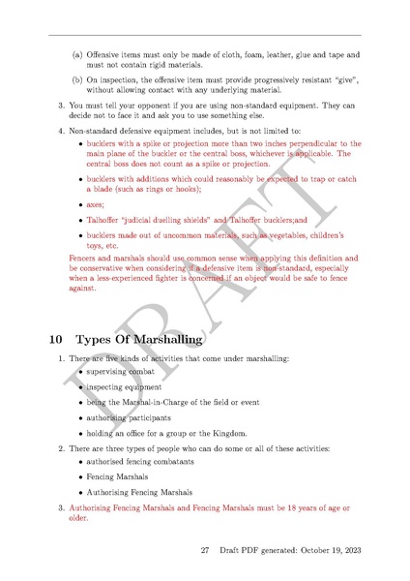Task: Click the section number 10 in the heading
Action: tap(55, 340)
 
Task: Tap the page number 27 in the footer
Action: tap(205, 550)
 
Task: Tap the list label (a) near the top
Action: tap(77, 55)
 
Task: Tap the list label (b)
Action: tap(77, 80)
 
